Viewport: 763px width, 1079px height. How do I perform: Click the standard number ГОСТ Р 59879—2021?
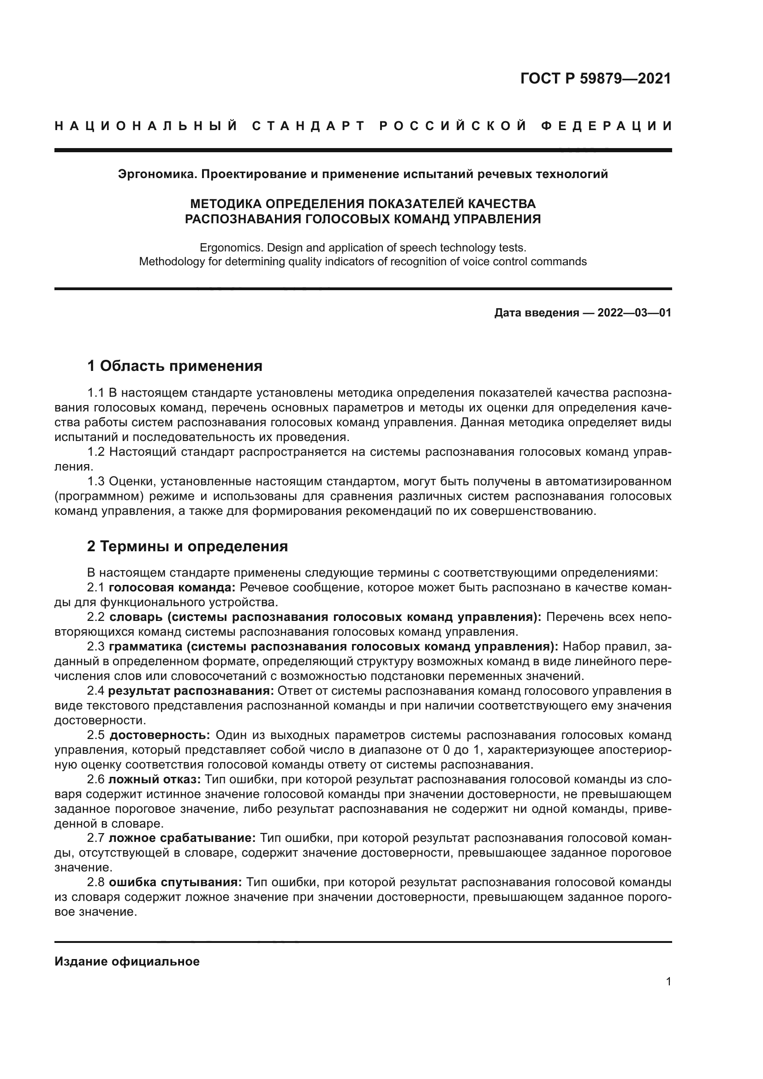coord(595,78)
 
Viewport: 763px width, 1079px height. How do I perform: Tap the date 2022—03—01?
coord(634,313)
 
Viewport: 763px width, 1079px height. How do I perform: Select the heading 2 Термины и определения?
coord(187,546)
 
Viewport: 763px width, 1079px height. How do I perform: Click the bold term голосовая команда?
coord(172,587)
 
